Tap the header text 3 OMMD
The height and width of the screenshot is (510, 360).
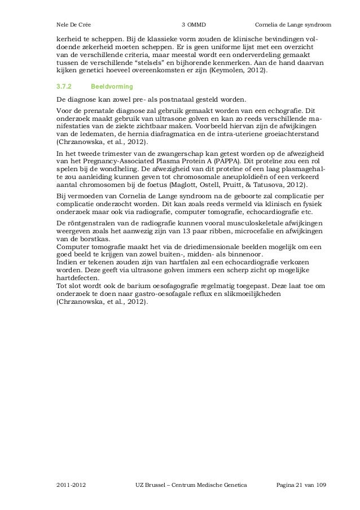click(x=195, y=25)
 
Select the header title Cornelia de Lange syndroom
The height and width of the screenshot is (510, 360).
click(x=293, y=25)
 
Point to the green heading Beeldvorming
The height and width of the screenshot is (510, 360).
click(x=112, y=88)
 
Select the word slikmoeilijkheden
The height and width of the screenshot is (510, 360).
click(x=253, y=295)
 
